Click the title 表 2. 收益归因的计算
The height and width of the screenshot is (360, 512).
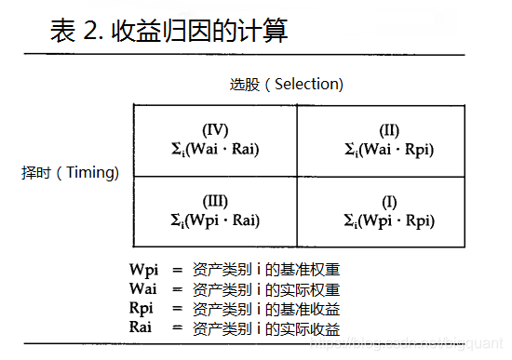pyautogui.click(x=168, y=30)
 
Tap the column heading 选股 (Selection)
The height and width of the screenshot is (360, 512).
pyautogui.click(x=287, y=84)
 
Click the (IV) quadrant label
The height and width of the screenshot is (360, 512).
pyautogui.click(x=215, y=130)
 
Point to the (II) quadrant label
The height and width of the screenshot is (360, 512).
pyautogui.click(x=389, y=130)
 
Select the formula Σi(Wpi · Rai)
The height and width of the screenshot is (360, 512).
pyautogui.click(x=215, y=220)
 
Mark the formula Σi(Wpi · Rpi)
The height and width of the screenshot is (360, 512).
pyautogui.click(x=389, y=220)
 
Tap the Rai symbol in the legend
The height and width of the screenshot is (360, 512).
pyautogui.click(x=141, y=327)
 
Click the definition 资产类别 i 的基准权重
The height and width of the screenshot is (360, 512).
pyautogui.click(x=266, y=270)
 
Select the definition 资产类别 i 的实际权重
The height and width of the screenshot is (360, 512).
pyautogui.click(x=266, y=289)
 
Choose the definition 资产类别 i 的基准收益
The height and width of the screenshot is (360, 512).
pyautogui.click(x=266, y=308)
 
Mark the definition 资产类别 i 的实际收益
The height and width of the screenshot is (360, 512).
pyautogui.click(x=266, y=327)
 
